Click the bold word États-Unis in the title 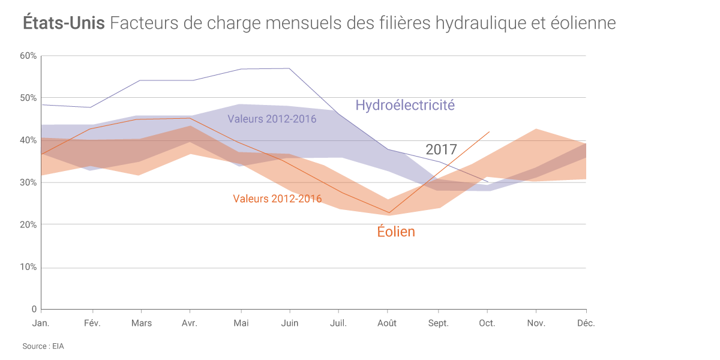tap(64, 23)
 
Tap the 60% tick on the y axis tap(29, 56)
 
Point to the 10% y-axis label tap(29, 267)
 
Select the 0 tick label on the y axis tap(34, 309)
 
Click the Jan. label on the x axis tap(41, 323)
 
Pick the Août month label tap(387, 323)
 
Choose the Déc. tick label tap(586, 323)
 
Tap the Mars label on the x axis tap(141, 323)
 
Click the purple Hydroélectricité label tap(405, 105)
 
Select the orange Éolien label tap(396, 232)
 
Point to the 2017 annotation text tap(441, 149)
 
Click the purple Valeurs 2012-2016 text tap(272, 119)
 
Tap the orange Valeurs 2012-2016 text tap(277, 199)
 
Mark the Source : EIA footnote tap(43, 346)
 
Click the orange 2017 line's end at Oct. tap(490, 132)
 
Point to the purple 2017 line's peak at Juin tap(290, 68)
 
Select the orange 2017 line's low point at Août tap(389, 212)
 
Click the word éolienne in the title tap(583, 23)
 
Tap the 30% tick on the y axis tap(29, 182)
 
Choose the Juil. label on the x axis tap(338, 323)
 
